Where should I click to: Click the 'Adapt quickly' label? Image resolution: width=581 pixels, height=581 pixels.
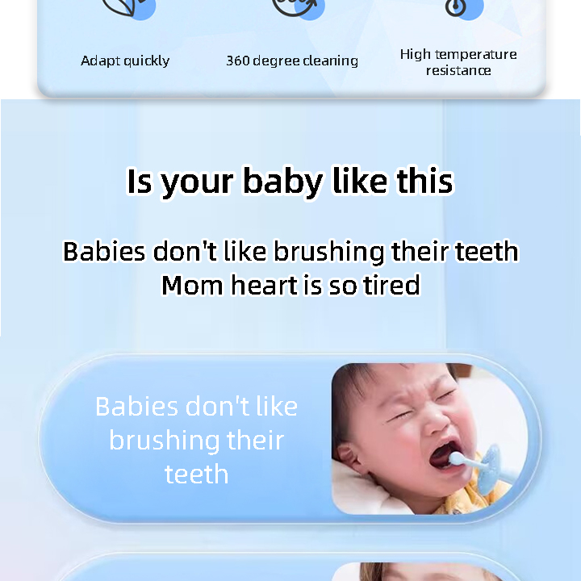point(125,61)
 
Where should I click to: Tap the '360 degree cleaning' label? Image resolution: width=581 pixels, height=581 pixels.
point(292,61)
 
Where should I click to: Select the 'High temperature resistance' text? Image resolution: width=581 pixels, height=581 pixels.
point(458,62)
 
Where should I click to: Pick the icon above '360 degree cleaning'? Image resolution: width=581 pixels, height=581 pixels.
point(295,6)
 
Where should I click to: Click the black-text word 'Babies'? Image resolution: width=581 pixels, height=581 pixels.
point(104,252)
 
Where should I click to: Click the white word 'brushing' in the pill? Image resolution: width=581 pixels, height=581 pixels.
point(164,441)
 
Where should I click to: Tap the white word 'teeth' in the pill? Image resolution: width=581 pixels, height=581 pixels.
point(196,474)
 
